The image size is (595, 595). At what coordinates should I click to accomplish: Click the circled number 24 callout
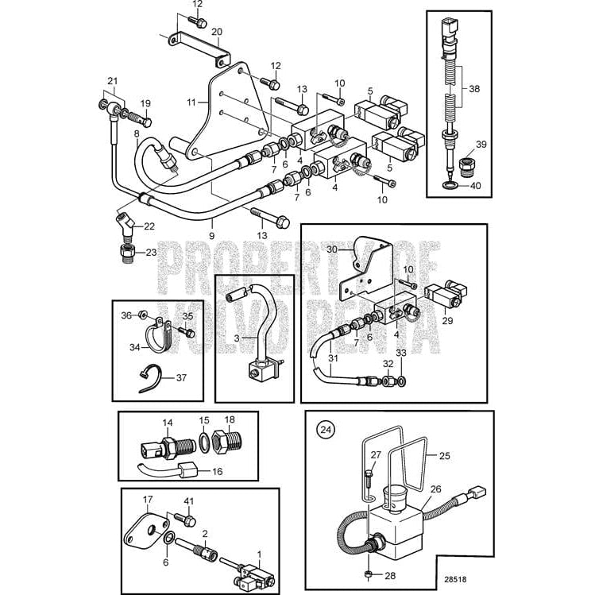point(324,430)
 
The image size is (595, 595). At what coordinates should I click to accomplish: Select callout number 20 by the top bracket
point(216,32)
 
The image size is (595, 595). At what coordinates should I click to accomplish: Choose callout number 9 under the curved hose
point(211,236)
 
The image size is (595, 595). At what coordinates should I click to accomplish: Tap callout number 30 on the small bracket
point(332,249)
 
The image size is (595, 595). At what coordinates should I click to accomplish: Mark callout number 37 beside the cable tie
point(181,377)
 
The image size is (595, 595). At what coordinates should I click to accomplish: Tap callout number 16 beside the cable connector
point(215,471)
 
